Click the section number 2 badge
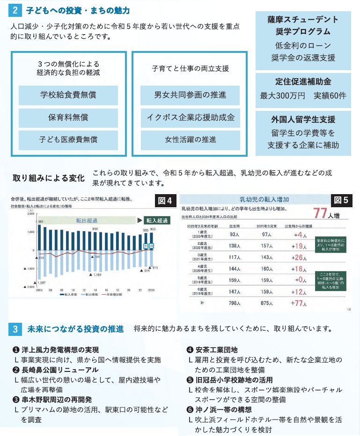pos(15,10)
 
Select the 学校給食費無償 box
pos(68,95)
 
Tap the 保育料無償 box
pos(68,117)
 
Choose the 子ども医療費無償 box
pos(68,139)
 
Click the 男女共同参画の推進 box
pos(190,95)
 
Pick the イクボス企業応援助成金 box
pos(190,117)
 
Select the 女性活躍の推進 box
pos(190,139)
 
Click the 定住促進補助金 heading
pos(303,80)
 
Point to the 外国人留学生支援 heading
pos(303,119)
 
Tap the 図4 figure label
pos(165,201)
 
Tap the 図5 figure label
pos(340,201)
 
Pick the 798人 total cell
pos(231,303)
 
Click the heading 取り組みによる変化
pos(48,178)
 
